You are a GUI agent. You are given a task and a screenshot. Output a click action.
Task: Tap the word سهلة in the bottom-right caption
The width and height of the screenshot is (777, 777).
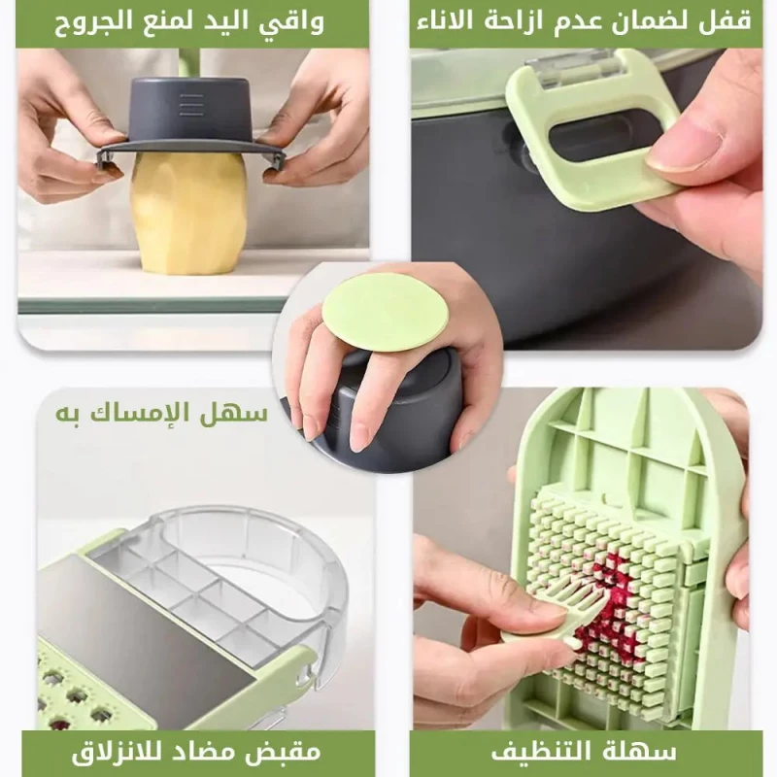pos(643,752)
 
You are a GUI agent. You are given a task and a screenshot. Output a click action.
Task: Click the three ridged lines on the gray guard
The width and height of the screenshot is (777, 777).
pos(191,105)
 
